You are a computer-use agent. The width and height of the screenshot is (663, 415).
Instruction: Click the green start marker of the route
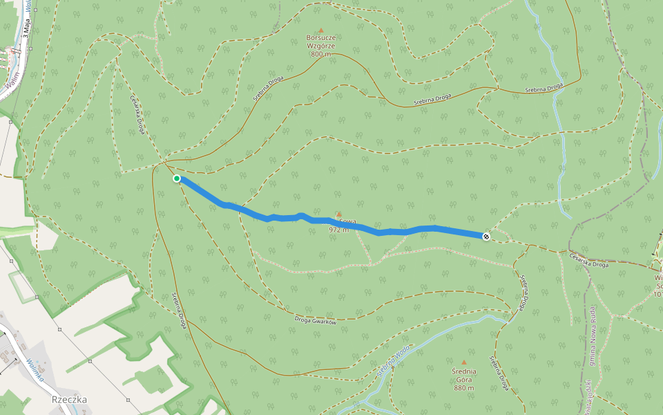177,178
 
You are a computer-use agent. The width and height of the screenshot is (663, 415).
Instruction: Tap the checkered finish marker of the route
486,237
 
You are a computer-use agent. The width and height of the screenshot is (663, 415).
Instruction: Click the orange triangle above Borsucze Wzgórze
320,30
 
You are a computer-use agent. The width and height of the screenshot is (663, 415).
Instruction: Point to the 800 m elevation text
320,54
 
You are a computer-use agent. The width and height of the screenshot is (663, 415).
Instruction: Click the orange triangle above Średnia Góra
464,362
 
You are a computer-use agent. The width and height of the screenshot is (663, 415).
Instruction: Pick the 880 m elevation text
464,388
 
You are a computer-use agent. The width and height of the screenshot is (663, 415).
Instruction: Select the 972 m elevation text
339,230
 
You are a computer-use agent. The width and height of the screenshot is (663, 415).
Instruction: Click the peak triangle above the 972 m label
338,214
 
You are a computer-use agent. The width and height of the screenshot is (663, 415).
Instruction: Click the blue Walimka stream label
35,370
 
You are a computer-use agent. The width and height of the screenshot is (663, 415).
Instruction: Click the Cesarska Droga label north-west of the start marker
136,114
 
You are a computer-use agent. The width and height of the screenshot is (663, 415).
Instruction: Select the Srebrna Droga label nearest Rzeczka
179,309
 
